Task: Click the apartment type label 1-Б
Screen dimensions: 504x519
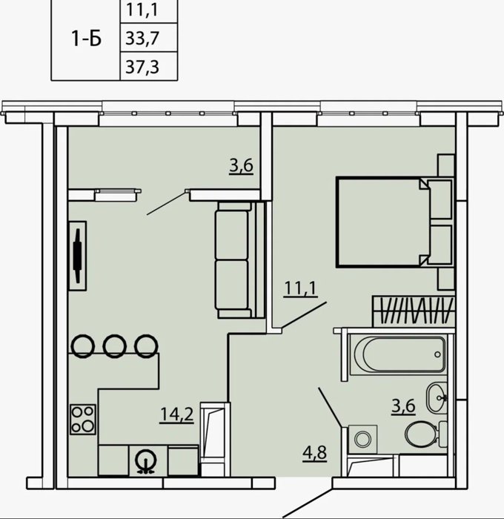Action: (x=87, y=39)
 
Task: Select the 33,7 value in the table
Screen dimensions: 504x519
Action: (x=142, y=38)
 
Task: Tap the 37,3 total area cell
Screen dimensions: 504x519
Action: (x=142, y=67)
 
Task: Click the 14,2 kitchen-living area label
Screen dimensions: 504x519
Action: (x=176, y=414)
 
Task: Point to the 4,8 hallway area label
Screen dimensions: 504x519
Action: (x=315, y=453)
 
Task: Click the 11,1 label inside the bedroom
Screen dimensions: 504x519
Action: (x=300, y=288)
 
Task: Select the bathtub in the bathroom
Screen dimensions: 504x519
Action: (x=398, y=354)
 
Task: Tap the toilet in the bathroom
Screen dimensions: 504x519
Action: (x=426, y=434)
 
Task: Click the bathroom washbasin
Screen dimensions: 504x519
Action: (x=437, y=397)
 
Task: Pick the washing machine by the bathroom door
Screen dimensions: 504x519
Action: (x=362, y=439)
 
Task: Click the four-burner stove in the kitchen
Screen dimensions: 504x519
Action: (x=83, y=420)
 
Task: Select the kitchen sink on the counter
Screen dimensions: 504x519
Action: (x=147, y=461)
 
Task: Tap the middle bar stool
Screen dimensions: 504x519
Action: (x=114, y=346)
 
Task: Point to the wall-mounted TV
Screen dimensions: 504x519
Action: (x=78, y=256)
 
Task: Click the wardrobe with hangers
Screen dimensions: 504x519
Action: (x=414, y=311)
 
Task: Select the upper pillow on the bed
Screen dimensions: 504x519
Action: (x=440, y=199)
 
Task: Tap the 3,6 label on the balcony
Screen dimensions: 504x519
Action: (x=242, y=165)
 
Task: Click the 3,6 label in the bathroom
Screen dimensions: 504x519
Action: (x=403, y=406)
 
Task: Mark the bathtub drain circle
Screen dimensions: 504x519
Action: (x=437, y=354)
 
